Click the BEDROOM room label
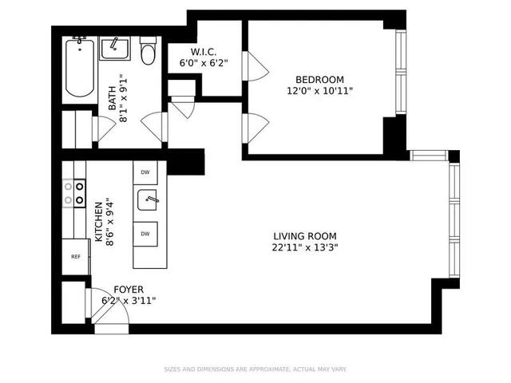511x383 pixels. pyautogui.click(x=319, y=79)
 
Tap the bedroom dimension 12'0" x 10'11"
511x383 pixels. pyautogui.click(x=319, y=91)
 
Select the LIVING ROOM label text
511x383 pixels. pyautogui.click(x=304, y=236)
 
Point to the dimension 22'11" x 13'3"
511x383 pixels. pyautogui.click(x=304, y=247)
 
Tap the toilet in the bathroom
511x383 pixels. pyautogui.click(x=148, y=52)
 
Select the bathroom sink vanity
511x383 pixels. pyautogui.click(x=117, y=49)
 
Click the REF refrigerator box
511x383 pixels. pyautogui.click(x=76, y=256)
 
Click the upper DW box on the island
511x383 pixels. pyautogui.click(x=145, y=172)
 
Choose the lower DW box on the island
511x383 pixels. pyautogui.click(x=145, y=233)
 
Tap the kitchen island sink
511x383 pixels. pyautogui.click(x=149, y=200)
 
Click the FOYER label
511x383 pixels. pyautogui.click(x=129, y=289)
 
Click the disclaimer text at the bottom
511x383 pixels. pyautogui.click(x=255, y=369)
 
